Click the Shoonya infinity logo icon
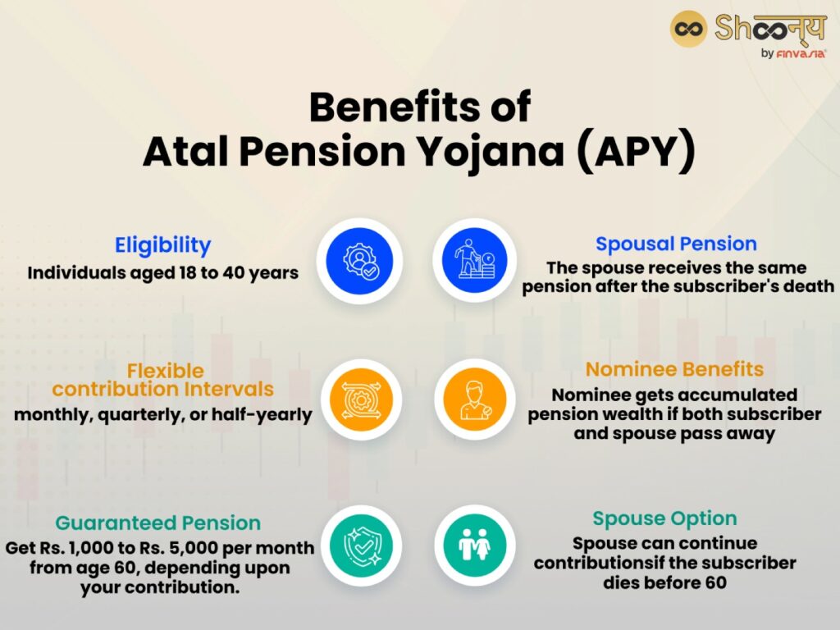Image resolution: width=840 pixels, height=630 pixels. point(688,30)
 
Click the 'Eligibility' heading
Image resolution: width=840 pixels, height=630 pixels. point(162,245)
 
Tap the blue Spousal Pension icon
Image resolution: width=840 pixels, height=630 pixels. point(475,261)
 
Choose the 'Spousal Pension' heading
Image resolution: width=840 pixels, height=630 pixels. point(676,244)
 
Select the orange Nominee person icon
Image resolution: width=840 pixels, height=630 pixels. point(475,399)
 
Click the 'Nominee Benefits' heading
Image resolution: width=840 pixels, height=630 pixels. point(674,369)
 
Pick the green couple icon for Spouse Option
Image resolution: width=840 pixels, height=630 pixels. point(475,544)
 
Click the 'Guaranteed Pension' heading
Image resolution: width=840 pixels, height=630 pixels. point(157,523)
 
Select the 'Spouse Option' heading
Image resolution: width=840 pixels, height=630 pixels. point(664,518)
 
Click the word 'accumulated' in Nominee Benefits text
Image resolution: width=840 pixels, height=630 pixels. point(735,395)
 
